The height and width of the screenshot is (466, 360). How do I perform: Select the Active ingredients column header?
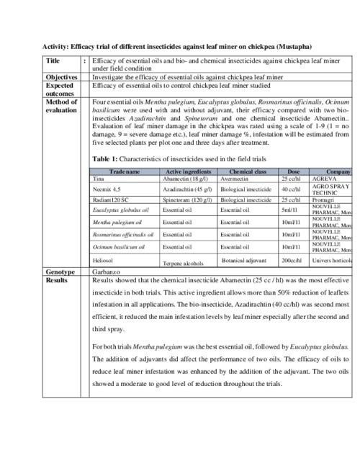[186, 172]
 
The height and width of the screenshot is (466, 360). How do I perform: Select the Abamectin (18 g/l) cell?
[184, 178]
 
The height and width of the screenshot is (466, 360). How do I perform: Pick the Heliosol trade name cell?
[104, 258]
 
